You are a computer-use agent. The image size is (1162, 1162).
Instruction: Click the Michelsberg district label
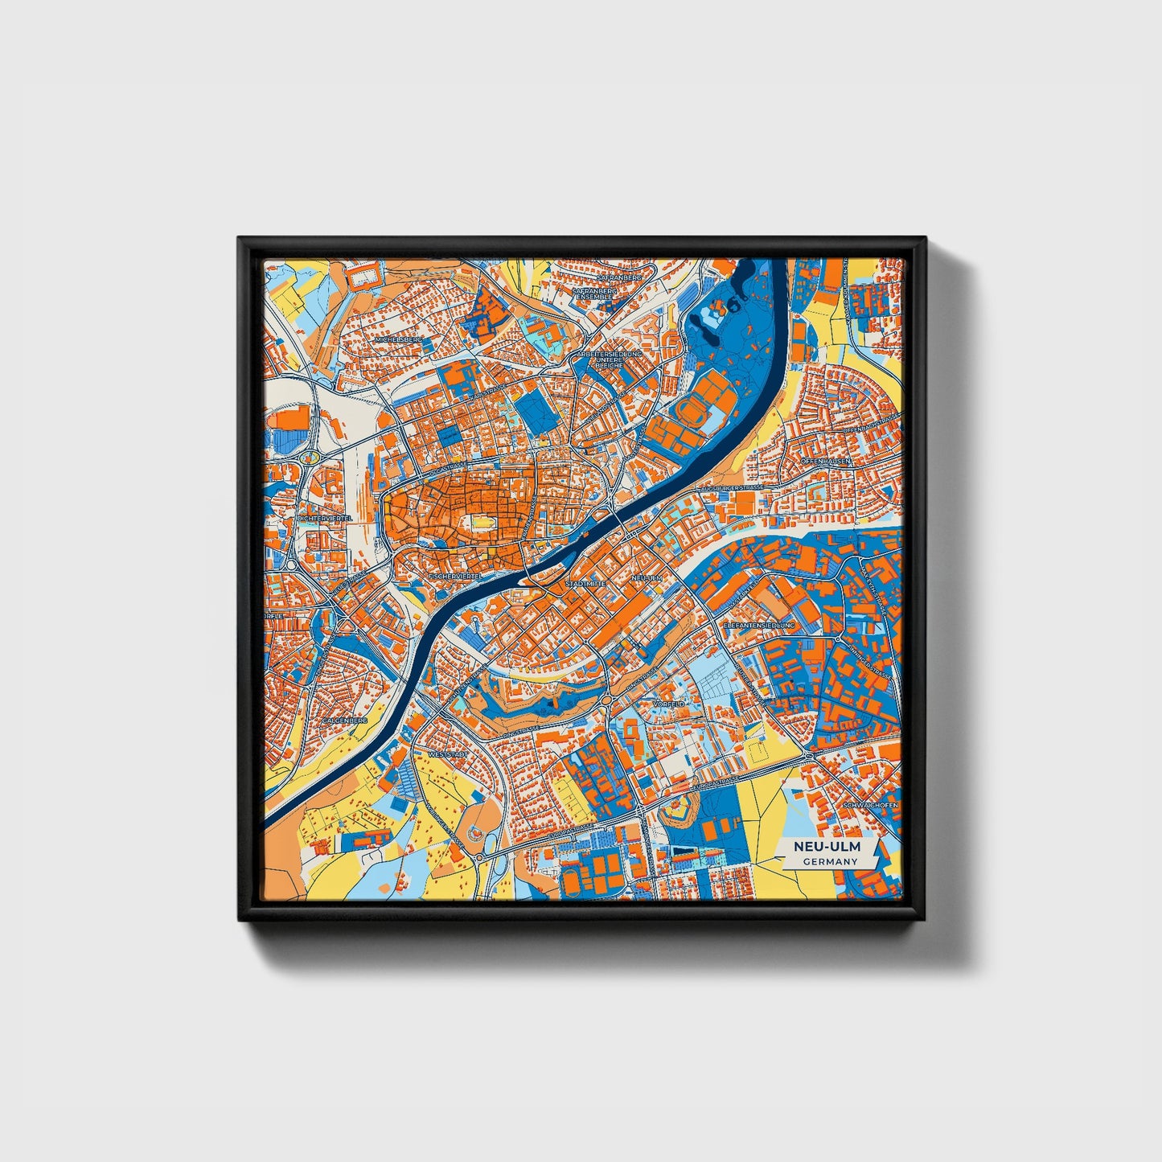coord(398,340)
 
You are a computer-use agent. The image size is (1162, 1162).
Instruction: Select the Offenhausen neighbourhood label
coord(826,461)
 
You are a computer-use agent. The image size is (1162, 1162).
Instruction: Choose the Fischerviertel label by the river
coord(455,577)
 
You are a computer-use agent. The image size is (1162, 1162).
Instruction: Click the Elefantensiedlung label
coord(759,625)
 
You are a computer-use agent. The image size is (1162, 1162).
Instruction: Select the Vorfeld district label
coord(669,704)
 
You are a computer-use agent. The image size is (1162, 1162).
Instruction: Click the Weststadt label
coord(448,756)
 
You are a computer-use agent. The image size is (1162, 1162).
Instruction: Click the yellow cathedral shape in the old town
coord(481,524)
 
